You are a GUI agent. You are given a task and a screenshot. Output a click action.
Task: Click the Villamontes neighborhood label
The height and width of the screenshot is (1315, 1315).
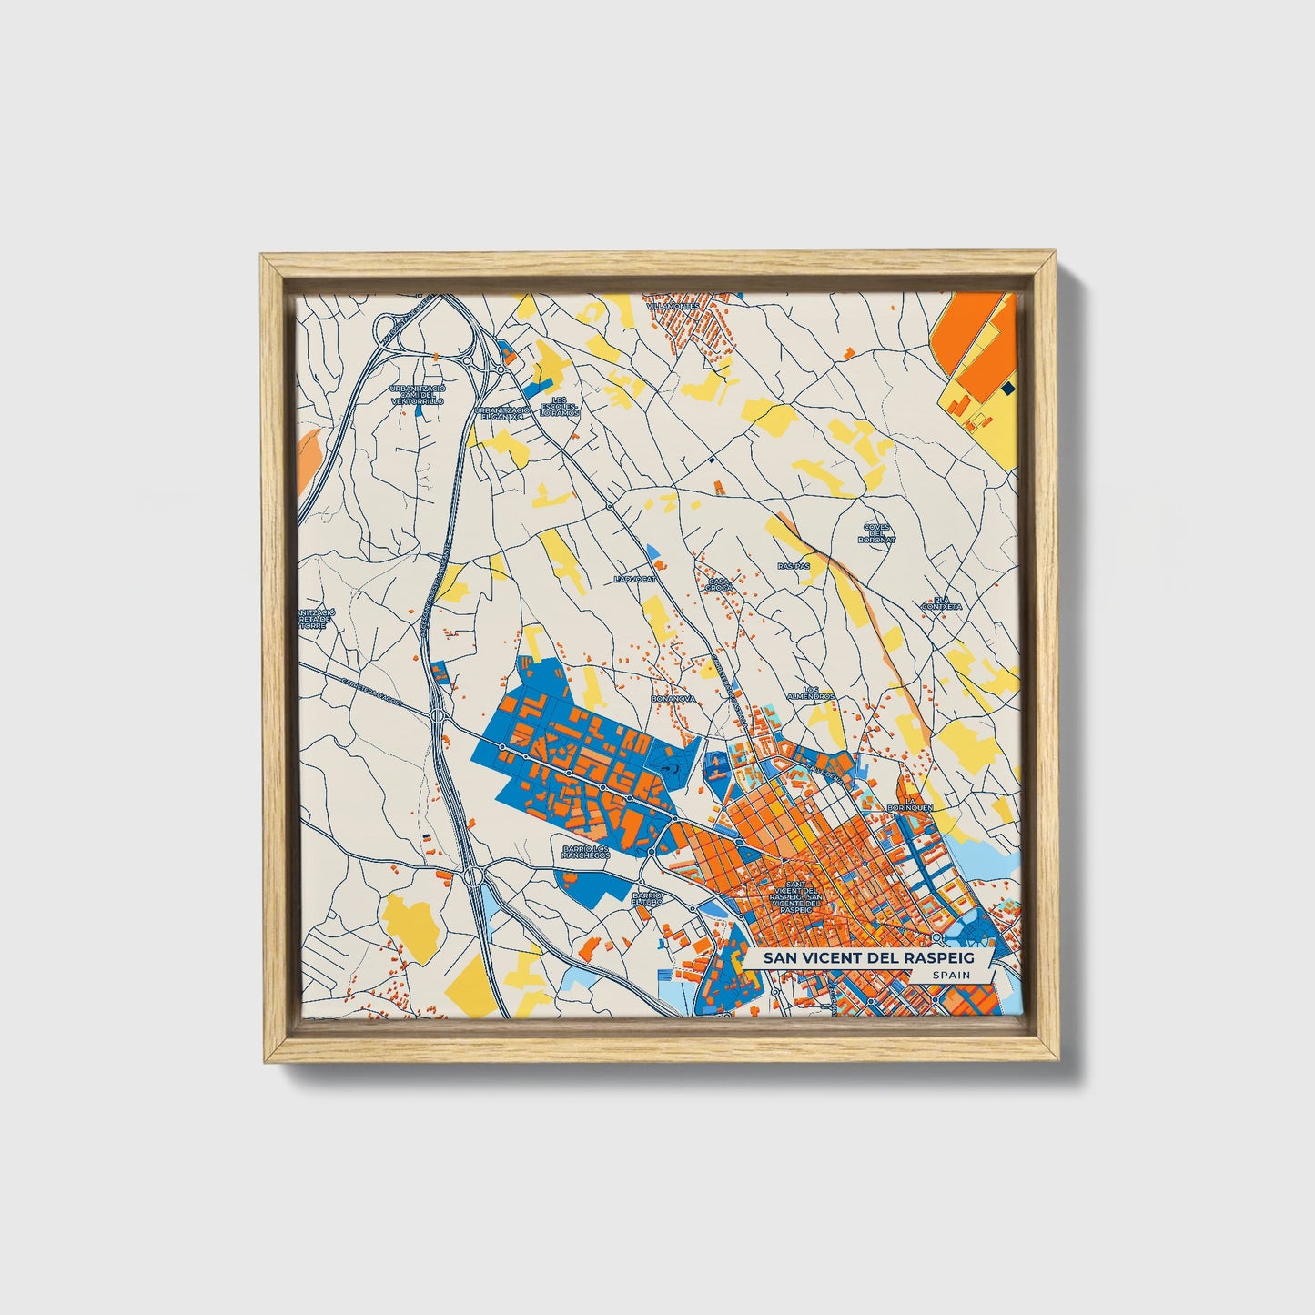tap(673, 306)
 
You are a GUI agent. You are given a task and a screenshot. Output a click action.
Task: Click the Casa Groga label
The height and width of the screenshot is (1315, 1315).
tap(719, 583)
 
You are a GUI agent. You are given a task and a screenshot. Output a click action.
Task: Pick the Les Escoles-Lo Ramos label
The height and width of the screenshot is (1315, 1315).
tap(559, 406)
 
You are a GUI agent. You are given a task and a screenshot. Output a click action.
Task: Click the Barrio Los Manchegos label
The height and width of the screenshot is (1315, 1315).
tap(583, 851)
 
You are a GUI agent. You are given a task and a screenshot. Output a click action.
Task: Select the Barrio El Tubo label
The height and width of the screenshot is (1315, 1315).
tap(649, 899)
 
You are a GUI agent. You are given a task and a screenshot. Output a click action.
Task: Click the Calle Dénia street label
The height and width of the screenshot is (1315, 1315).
tap(822, 771)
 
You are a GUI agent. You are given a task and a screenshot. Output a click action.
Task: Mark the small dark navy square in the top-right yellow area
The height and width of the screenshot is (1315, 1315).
tap(1006, 389)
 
